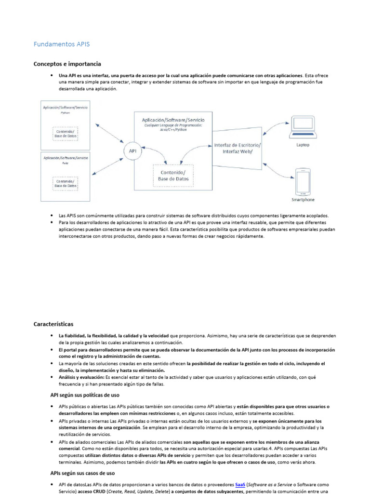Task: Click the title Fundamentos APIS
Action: [62, 44]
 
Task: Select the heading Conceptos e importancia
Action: [67, 64]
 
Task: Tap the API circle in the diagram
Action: [132, 151]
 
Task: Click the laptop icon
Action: [303, 128]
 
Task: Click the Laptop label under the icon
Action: [303, 145]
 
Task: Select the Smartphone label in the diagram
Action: [303, 200]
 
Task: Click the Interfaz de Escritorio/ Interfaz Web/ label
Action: [238, 148]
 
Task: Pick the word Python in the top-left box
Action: [66, 112]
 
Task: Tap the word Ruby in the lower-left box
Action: [66, 163]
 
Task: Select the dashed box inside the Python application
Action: [66, 133]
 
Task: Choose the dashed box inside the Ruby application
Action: [66, 183]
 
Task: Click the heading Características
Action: [53, 324]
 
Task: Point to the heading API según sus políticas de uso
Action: [85, 395]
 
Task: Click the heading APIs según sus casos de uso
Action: [82, 473]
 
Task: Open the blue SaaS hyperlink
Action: [240, 484]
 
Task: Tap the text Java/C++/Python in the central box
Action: [173, 129]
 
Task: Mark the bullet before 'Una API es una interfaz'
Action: [52, 76]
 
